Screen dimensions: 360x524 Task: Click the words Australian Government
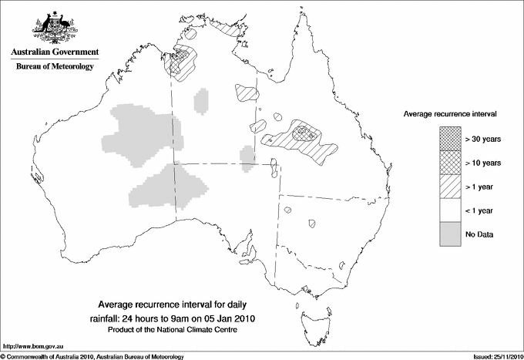coord(55,52)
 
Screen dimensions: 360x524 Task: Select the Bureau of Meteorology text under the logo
coord(55,67)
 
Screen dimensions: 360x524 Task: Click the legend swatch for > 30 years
coord(450,140)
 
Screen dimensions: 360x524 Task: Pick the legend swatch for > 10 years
coord(450,163)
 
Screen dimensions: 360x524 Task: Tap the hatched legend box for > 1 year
coord(450,187)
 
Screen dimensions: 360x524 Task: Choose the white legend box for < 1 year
coord(450,210)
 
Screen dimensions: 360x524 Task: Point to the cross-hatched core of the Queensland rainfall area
coord(307,132)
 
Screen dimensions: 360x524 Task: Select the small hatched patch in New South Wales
coord(312,224)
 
